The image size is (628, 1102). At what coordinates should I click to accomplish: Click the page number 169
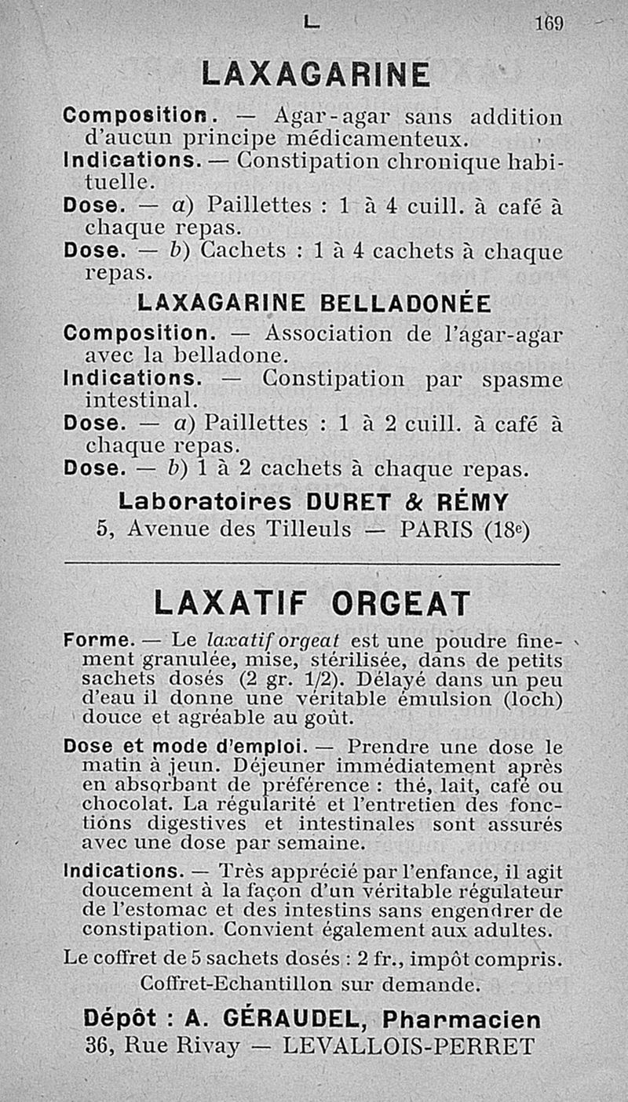(549, 24)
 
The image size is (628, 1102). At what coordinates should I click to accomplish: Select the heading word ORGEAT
(400, 604)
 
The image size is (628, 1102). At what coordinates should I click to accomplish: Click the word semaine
(323, 844)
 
